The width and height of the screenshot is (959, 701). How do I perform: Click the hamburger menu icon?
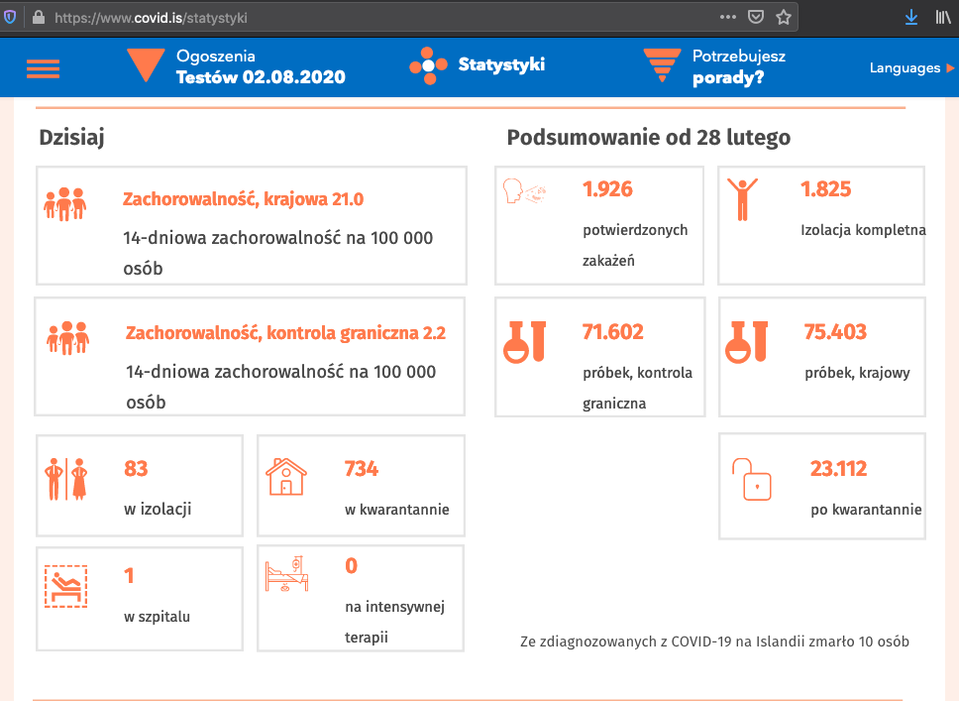[43, 68]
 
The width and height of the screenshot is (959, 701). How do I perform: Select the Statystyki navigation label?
[500, 65]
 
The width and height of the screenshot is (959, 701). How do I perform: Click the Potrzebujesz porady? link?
[738, 66]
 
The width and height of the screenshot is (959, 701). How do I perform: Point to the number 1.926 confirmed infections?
[607, 189]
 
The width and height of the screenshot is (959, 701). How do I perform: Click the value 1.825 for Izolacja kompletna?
[825, 189]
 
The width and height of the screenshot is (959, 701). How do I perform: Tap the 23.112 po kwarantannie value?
[838, 469]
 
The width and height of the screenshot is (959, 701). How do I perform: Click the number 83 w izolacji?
[136, 469]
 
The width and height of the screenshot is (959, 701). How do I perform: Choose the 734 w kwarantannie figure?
[361, 469]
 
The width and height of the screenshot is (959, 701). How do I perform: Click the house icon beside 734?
[286, 477]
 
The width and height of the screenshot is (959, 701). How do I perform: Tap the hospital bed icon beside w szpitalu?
[66, 585]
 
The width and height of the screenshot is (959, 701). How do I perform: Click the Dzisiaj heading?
[71, 138]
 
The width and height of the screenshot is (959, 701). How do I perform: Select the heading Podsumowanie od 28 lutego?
[648, 138]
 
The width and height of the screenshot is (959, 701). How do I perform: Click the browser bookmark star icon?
[784, 17]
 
